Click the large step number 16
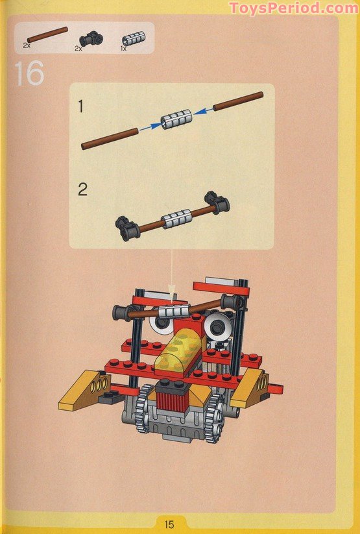click(x=29, y=73)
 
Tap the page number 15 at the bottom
click(x=170, y=524)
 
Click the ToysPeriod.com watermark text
click(x=293, y=8)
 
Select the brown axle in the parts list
click(x=47, y=35)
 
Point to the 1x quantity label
click(x=123, y=48)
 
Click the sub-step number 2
click(x=82, y=190)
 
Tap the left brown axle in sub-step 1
click(x=110, y=138)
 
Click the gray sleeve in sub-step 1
click(x=177, y=119)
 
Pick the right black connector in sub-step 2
click(x=217, y=202)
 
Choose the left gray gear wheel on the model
click(x=145, y=408)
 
